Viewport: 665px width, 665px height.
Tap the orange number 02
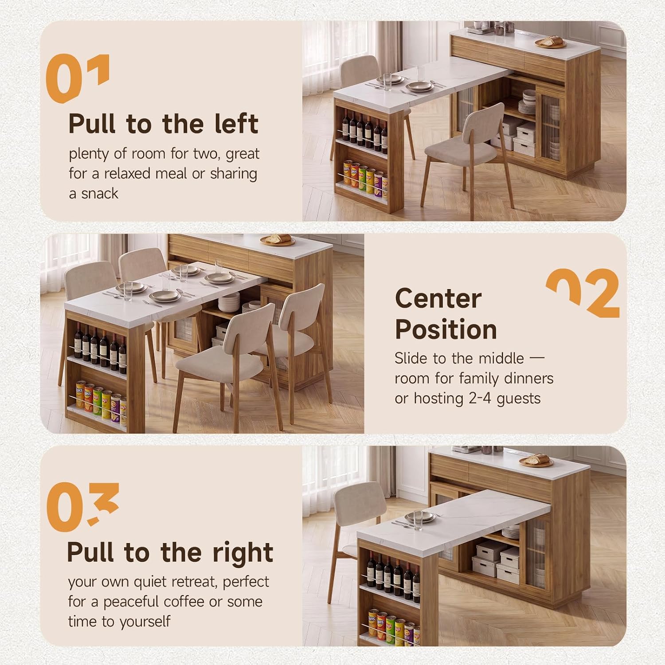coord(583,293)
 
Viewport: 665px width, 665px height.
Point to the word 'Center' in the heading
coord(438,298)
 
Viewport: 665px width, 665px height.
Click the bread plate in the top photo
coord(551,42)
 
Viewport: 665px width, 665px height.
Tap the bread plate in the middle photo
coord(278,240)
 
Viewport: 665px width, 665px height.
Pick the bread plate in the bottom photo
coord(536,461)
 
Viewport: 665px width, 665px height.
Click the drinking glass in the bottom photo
coord(418,520)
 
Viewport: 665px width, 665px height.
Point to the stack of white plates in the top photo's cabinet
coord(528,102)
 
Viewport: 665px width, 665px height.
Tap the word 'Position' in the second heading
coord(446,330)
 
